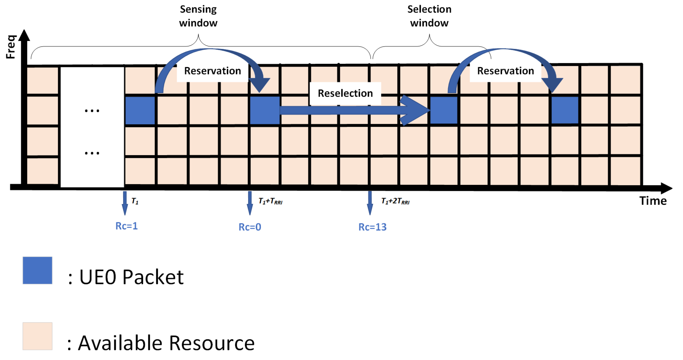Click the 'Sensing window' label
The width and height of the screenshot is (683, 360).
pyautogui.click(x=198, y=16)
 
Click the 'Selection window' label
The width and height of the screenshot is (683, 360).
pyautogui.click(x=429, y=16)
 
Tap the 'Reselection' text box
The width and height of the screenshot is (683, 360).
pyautogui.click(x=345, y=93)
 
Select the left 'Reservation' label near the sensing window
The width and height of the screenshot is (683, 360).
pyautogui.click(x=212, y=71)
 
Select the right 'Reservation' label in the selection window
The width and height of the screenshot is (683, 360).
pyautogui.click(x=505, y=71)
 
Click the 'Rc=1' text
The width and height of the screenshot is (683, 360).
pyautogui.click(x=126, y=226)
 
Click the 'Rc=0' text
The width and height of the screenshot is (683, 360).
pyautogui.click(x=250, y=227)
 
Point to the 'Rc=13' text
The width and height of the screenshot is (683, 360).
pyautogui.click(x=372, y=227)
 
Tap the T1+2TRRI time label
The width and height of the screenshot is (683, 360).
pyautogui.click(x=395, y=201)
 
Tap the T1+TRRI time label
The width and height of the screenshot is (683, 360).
pyautogui.click(x=270, y=201)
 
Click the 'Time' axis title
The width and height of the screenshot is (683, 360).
pyautogui.click(x=653, y=201)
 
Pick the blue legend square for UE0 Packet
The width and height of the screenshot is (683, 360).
pyautogui.click(x=37, y=270)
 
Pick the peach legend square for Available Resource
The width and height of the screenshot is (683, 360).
pyautogui.click(x=37, y=336)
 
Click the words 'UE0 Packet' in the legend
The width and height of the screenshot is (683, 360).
pyautogui.click(x=131, y=277)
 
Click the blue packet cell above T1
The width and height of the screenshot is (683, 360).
pyautogui.click(x=140, y=110)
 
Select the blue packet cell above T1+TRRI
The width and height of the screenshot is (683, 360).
pyautogui.click(x=265, y=110)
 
